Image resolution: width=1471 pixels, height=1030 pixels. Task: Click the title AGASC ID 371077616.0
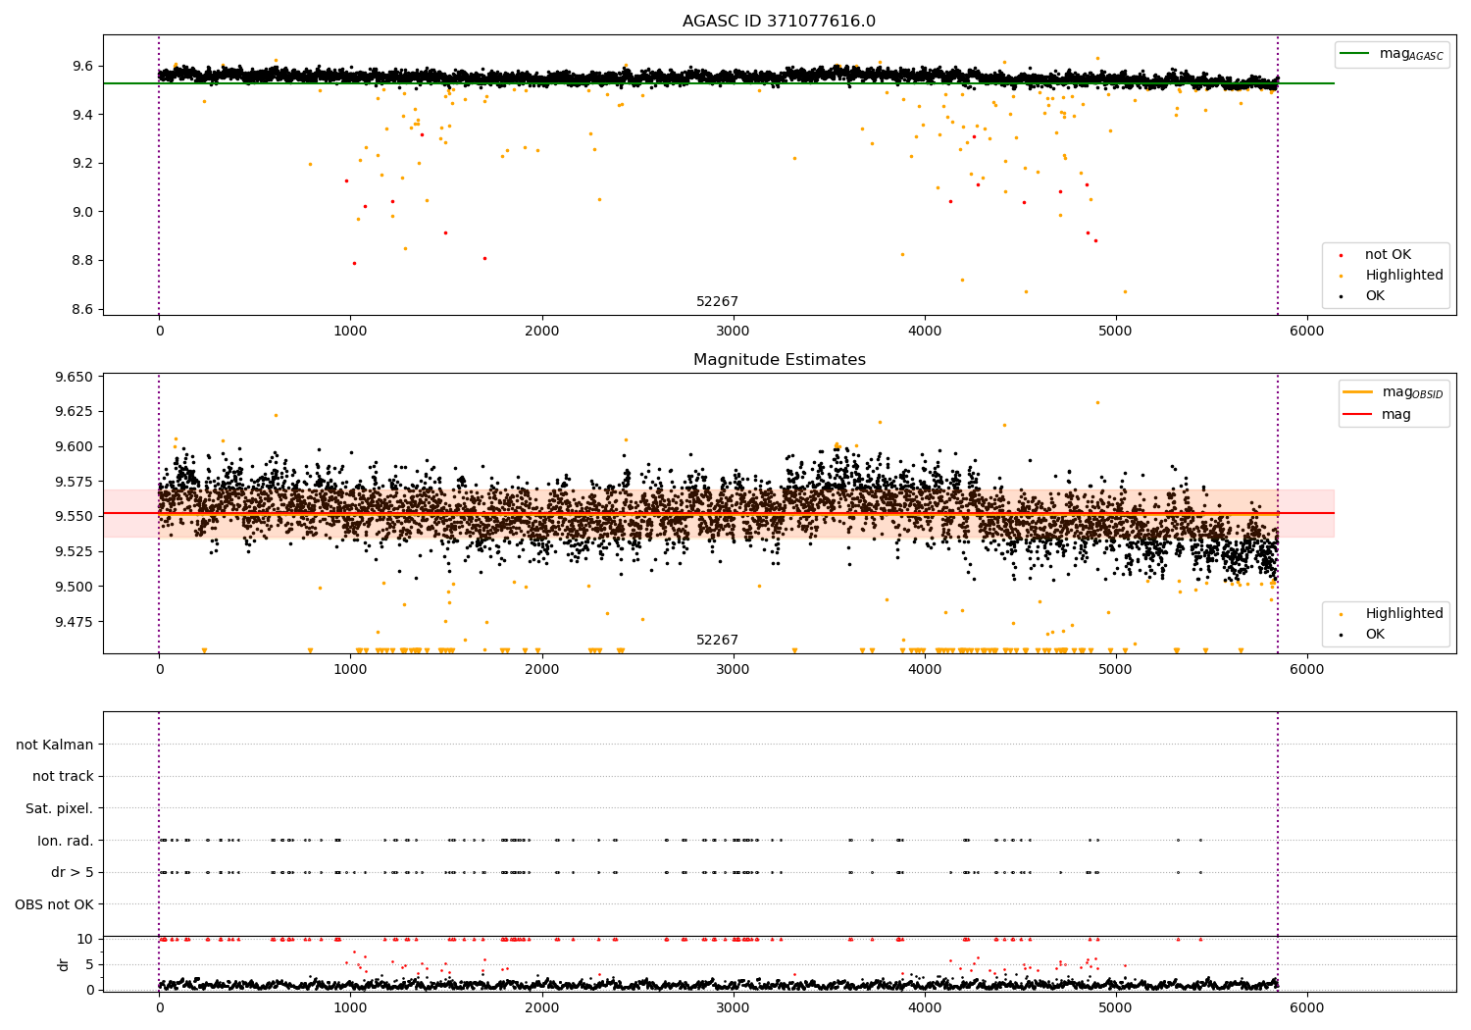[779, 22]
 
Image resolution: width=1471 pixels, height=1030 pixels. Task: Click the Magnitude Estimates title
[779, 360]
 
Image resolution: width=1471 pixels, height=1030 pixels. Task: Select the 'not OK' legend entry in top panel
[1388, 255]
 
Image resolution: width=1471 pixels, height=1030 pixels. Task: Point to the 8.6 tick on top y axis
[81, 309]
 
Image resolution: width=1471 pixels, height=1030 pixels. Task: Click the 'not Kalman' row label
[55, 745]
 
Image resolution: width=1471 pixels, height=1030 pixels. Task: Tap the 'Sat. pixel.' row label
[60, 808]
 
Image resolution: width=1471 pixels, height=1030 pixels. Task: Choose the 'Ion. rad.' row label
[66, 841]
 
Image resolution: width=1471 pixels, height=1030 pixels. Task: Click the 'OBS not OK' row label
[55, 904]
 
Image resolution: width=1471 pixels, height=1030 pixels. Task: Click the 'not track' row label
[63, 777]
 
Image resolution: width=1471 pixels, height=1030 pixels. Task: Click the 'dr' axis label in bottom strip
[64, 964]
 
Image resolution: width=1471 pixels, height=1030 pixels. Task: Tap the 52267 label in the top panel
[717, 302]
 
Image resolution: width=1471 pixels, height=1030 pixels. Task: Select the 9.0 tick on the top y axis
[81, 212]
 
